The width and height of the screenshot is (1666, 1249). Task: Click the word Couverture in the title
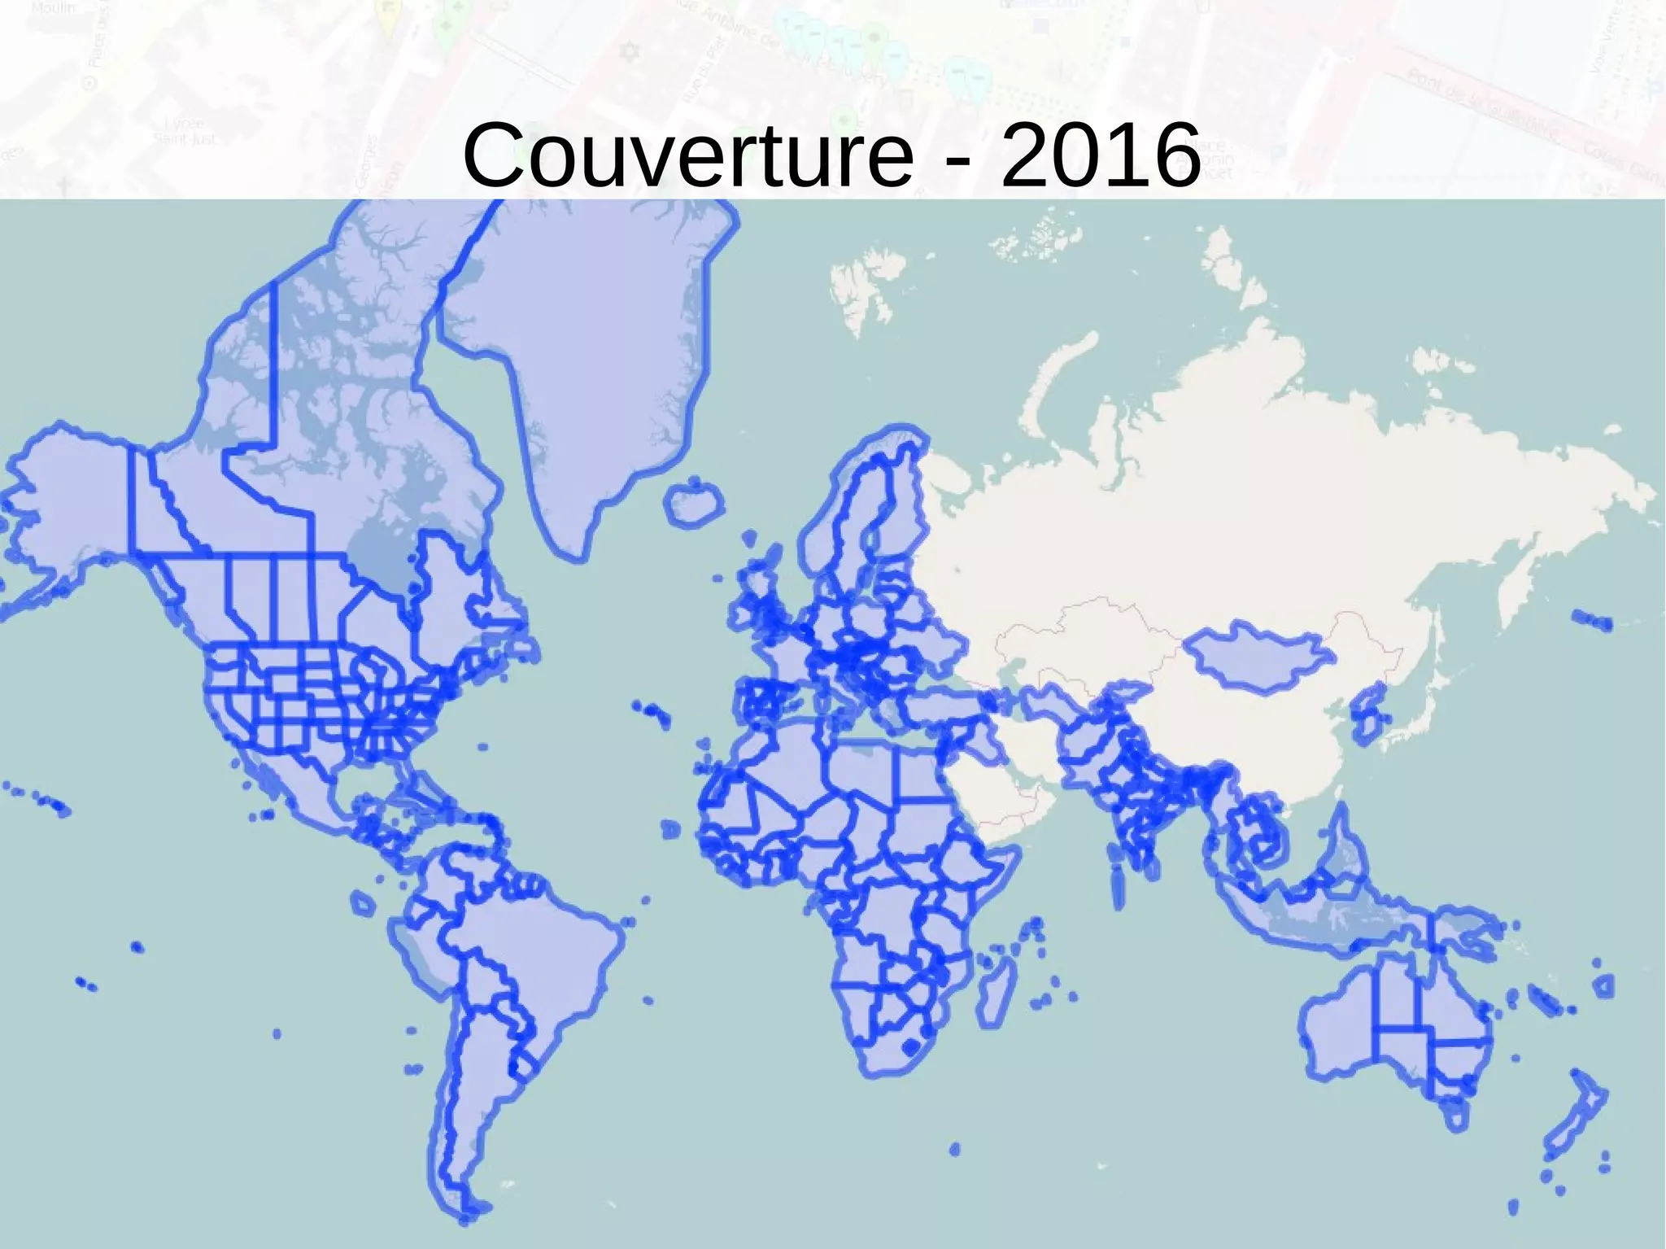[x=688, y=155]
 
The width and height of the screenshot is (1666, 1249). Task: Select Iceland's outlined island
[x=694, y=504]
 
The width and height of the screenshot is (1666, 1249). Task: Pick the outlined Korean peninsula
[x=1367, y=716]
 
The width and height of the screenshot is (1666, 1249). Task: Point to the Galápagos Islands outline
[x=363, y=903]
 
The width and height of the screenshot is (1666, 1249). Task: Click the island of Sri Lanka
[x=1150, y=867]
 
